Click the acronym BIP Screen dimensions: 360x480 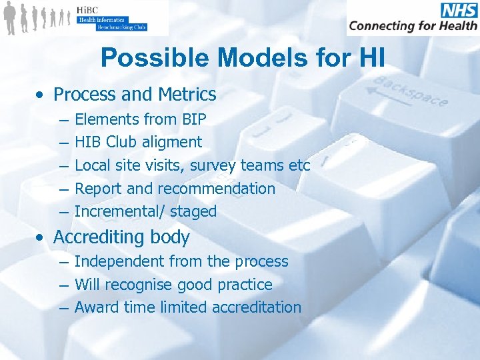[193, 119]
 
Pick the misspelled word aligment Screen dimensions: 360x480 [170, 142]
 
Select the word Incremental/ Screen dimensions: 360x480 [120, 211]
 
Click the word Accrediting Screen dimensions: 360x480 [99, 237]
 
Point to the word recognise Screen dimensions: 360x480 [140, 285]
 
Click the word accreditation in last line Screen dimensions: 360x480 [256, 307]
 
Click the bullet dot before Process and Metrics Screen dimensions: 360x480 [42, 95]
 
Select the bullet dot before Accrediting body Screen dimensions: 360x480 [42, 238]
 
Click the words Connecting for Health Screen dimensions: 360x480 [413, 26]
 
